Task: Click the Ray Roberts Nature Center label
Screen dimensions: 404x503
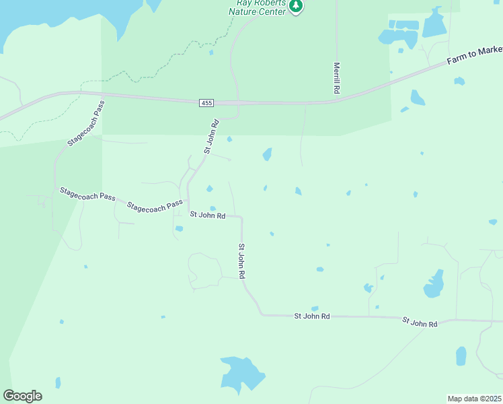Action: coord(258,7)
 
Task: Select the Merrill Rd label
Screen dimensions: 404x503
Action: coord(336,78)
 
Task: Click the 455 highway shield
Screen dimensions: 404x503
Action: coord(206,102)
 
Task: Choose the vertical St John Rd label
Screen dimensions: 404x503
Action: coord(241,262)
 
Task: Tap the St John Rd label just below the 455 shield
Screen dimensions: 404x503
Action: coord(212,137)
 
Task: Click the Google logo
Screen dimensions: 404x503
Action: coord(22,396)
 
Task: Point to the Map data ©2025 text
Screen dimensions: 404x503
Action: coord(474,399)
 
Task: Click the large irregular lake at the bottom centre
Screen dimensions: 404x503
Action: coord(240,374)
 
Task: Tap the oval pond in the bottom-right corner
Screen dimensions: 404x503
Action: coord(461,356)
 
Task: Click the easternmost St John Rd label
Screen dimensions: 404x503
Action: coord(420,323)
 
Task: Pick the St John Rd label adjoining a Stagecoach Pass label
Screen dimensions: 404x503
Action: coord(207,215)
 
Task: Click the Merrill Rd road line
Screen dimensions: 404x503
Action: coord(336,40)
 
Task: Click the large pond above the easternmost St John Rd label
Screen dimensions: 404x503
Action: coord(434,285)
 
